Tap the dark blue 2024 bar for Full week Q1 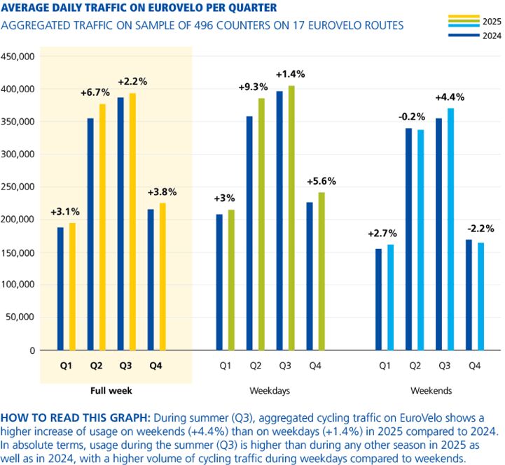(60, 288)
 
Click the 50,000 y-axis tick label (24, 317)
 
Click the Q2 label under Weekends (415, 365)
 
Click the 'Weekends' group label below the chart (429, 389)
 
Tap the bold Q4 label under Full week (158, 365)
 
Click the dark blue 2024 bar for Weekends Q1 (378, 299)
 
